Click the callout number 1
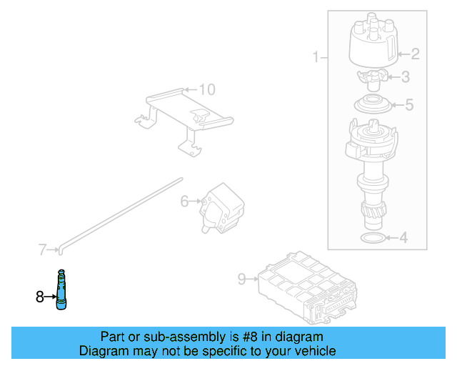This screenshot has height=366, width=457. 316,57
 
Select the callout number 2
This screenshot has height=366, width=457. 415,53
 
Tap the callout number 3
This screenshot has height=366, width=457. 405,78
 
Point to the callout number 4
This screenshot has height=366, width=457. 403,238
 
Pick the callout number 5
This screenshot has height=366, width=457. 408,106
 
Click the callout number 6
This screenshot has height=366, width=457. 184,202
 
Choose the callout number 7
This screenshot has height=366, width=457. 42,249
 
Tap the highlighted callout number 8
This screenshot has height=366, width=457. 40,295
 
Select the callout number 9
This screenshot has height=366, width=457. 241,279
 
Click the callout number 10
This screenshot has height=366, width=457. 206,89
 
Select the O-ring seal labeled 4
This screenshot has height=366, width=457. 371,237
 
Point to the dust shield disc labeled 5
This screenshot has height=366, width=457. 373,104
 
